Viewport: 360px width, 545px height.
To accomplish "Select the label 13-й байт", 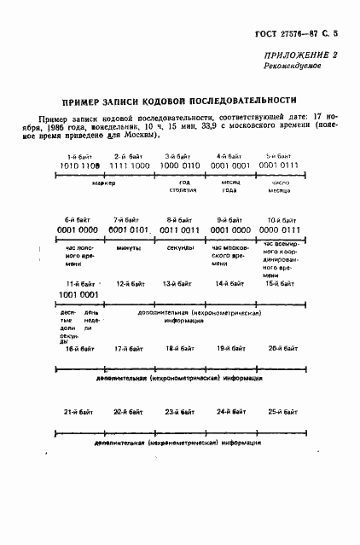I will tap(178, 283).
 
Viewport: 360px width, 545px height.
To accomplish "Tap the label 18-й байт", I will tap(177, 349).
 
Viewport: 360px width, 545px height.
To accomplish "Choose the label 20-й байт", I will tap(280, 349).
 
